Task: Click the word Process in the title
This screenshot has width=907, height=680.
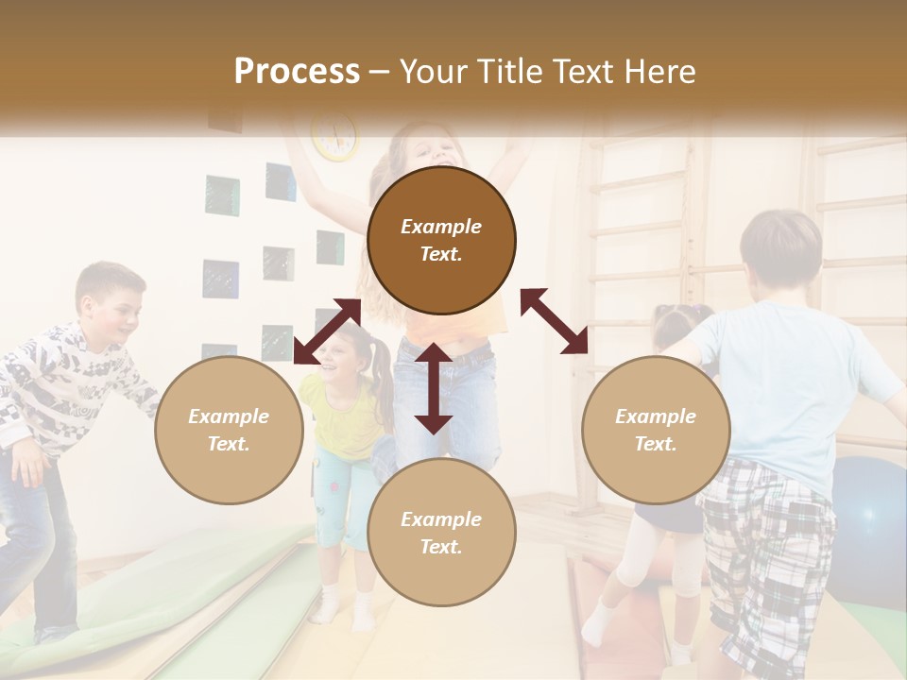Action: click(297, 71)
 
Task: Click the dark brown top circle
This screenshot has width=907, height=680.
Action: click(441, 240)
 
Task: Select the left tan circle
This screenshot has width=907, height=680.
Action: click(229, 430)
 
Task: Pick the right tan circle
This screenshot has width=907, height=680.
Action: click(656, 430)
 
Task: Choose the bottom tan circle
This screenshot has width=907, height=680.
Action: click(441, 533)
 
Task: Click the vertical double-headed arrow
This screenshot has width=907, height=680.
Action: click(434, 388)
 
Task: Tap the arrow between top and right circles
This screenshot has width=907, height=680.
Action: click(554, 321)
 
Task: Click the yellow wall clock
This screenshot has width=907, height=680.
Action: click(335, 135)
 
